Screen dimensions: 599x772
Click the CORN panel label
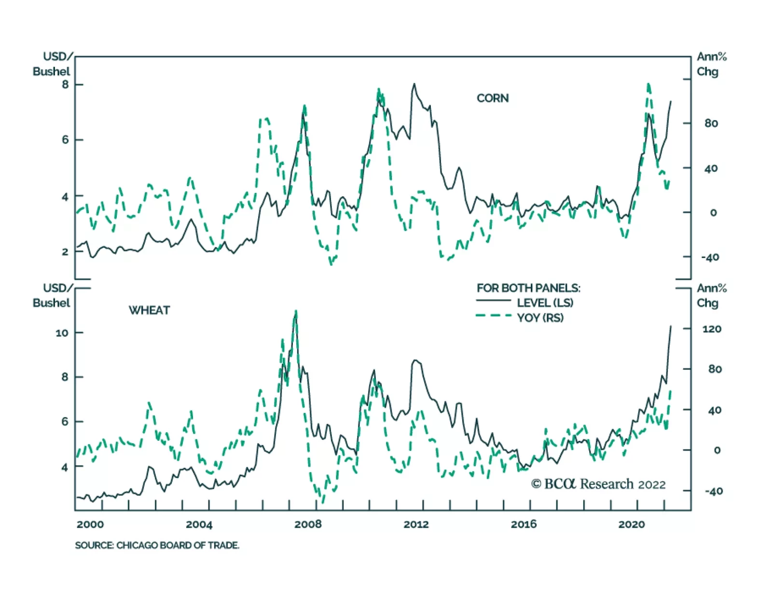(x=492, y=98)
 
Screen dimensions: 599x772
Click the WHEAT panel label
(x=149, y=310)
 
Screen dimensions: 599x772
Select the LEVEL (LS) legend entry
(x=544, y=303)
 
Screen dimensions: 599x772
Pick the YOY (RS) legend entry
(x=540, y=318)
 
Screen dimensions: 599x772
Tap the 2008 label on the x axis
(x=308, y=524)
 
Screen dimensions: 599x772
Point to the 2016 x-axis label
(x=524, y=524)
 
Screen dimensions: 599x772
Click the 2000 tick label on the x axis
(x=90, y=524)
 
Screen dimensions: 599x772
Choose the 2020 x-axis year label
(x=632, y=524)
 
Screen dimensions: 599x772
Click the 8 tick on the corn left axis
(x=65, y=84)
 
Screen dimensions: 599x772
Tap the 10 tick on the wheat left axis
(x=62, y=333)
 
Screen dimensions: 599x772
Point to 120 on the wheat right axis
(x=712, y=329)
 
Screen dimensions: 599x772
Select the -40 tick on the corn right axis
(x=710, y=258)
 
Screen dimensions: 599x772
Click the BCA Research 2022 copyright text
(x=598, y=484)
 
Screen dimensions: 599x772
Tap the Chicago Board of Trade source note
(x=157, y=545)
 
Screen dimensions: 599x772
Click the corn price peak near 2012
(x=414, y=84)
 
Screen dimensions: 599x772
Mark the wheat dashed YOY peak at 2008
(x=296, y=311)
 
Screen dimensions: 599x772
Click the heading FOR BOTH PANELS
(x=528, y=288)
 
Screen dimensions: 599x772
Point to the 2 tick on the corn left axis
(x=65, y=252)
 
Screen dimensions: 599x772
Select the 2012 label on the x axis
(x=416, y=524)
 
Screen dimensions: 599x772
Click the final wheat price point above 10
(x=671, y=327)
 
